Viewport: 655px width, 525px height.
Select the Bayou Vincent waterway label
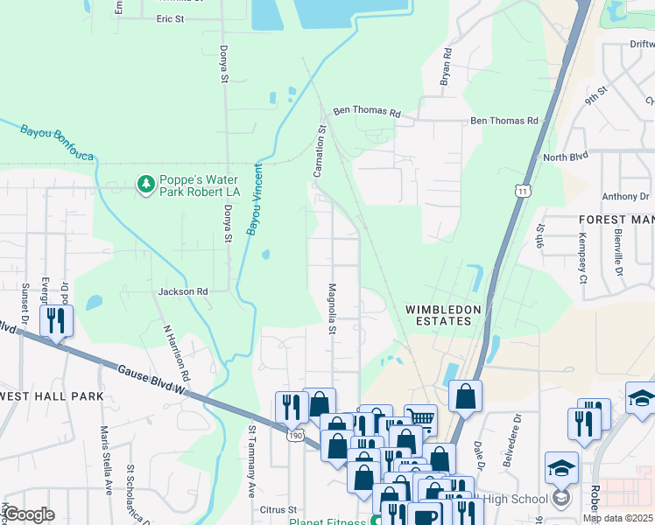(x=255, y=199)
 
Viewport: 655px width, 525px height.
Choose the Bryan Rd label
(x=446, y=66)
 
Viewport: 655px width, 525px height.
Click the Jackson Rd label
(x=183, y=291)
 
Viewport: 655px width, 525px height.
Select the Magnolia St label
(x=332, y=308)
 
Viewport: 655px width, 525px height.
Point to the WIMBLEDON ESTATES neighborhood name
(x=438, y=315)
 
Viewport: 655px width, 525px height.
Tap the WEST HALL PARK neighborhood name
(x=52, y=396)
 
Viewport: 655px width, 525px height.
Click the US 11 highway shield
(x=522, y=190)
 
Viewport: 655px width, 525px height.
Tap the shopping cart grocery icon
(x=421, y=417)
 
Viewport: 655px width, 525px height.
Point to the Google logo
(x=30, y=514)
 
